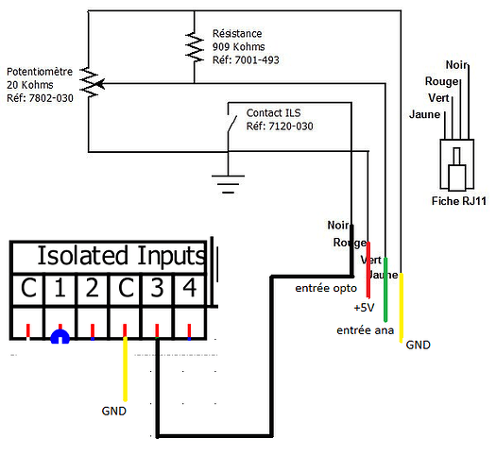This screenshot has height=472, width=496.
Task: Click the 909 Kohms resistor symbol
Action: pos(195,46)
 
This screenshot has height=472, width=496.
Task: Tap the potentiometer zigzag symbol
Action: pos(90,82)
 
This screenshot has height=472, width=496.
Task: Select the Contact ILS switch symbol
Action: pos(231,124)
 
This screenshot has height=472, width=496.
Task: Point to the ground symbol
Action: pos(228,184)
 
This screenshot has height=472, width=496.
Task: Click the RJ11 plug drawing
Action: pos(456,164)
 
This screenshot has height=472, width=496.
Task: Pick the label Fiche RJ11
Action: pos(458,201)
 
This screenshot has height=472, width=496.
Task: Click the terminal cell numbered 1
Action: pos(60,288)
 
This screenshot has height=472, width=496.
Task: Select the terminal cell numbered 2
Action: pos(93,288)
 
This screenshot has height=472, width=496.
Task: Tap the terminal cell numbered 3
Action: pos(157,288)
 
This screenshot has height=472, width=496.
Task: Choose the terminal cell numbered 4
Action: pos(190,288)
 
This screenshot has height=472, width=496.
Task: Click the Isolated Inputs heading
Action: pos(122,256)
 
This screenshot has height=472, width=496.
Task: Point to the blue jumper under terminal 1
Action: pos(60,336)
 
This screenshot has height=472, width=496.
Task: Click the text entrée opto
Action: pos(326,288)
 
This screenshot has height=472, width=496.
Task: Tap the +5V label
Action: pos(364,308)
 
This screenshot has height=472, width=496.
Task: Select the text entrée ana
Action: pos(366,330)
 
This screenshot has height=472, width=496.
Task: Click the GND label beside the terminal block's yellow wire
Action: pos(114,411)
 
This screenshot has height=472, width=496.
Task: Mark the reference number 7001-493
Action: pos(257,60)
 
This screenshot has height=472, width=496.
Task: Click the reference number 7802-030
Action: pos(51,98)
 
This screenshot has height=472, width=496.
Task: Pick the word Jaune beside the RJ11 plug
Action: pos(424,114)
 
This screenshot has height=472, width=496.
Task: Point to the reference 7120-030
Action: pos(291,126)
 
